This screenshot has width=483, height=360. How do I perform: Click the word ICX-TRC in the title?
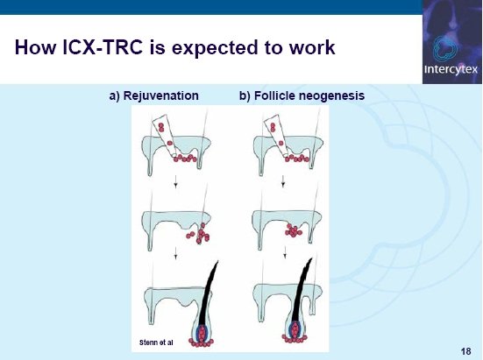point(103,47)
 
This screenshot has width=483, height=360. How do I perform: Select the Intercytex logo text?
point(451,69)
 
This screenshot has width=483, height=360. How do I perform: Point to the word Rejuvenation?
point(160,95)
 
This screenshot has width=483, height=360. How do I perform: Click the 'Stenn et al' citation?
point(156,342)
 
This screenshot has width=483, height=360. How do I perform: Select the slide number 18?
point(466,351)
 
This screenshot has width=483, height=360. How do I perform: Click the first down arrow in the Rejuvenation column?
point(175,181)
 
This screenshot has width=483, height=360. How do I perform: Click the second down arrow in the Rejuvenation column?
point(175,253)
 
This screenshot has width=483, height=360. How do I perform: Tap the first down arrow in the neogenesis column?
point(283,181)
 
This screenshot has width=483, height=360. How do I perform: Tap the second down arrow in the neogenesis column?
point(285,251)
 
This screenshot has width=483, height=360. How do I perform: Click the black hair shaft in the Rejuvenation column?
point(207,295)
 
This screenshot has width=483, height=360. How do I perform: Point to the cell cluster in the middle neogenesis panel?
point(294,230)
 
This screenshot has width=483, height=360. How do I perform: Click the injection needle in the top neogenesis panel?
point(276,135)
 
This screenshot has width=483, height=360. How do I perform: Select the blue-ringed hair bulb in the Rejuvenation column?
point(202,332)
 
